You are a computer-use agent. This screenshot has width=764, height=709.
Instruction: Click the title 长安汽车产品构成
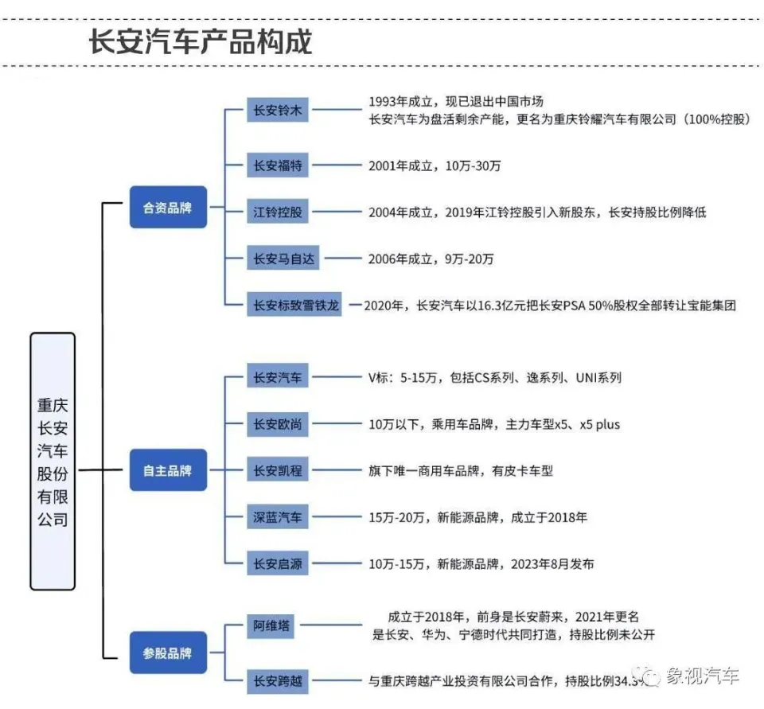pyautogui.click(x=201, y=42)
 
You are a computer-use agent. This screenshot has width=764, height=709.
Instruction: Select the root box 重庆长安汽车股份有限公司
pyautogui.click(x=53, y=462)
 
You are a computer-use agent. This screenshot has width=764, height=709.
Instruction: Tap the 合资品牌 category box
pyautogui.click(x=168, y=207)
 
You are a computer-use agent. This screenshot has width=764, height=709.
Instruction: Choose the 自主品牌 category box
pyautogui.click(x=168, y=469)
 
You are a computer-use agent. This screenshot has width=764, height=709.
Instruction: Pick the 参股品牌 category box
pyautogui.click(x=168, y=653)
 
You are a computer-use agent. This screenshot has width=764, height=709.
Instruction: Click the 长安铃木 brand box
pyautogui.click(x=277, y=110)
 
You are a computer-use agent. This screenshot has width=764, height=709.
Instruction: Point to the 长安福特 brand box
pyautogui.click(x=277, y=166)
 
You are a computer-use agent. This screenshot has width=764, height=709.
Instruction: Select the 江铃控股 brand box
pyautogui.click(x=277, y=212)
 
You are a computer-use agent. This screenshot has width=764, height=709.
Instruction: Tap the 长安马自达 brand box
pyautogui.click(x=283, y=259)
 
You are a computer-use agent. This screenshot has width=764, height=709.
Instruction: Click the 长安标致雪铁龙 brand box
pyautogui.click(x=294, y=305)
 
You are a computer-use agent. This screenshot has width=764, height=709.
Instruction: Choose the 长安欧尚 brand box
pyautogui.click(x=277, y=424)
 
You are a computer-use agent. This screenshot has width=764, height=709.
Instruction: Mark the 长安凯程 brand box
pyautogui.click(x=277, y=470)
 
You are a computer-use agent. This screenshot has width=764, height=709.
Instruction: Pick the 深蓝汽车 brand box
pyautogui.click(x=277, y=516)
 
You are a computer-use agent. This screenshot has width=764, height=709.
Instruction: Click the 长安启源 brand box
pyautogui.click(x=277, y=563)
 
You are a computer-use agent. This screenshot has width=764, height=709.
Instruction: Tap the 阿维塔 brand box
pyautogui.click(x=271, y=625)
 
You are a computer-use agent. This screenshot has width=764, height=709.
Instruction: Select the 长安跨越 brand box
pyautogui.click(x=277, y=680)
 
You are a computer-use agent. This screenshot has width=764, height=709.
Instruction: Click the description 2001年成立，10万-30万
pyautogui.click(x=435, y=166)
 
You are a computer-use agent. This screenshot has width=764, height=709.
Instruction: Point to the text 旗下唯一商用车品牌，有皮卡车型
pyautogui.click(x=461, y=471)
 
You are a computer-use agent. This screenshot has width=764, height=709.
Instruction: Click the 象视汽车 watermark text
pyautogui.click(x=702, y=676)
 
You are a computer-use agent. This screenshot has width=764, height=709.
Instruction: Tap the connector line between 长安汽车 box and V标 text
pyautogui.click(x=337, y=377)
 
